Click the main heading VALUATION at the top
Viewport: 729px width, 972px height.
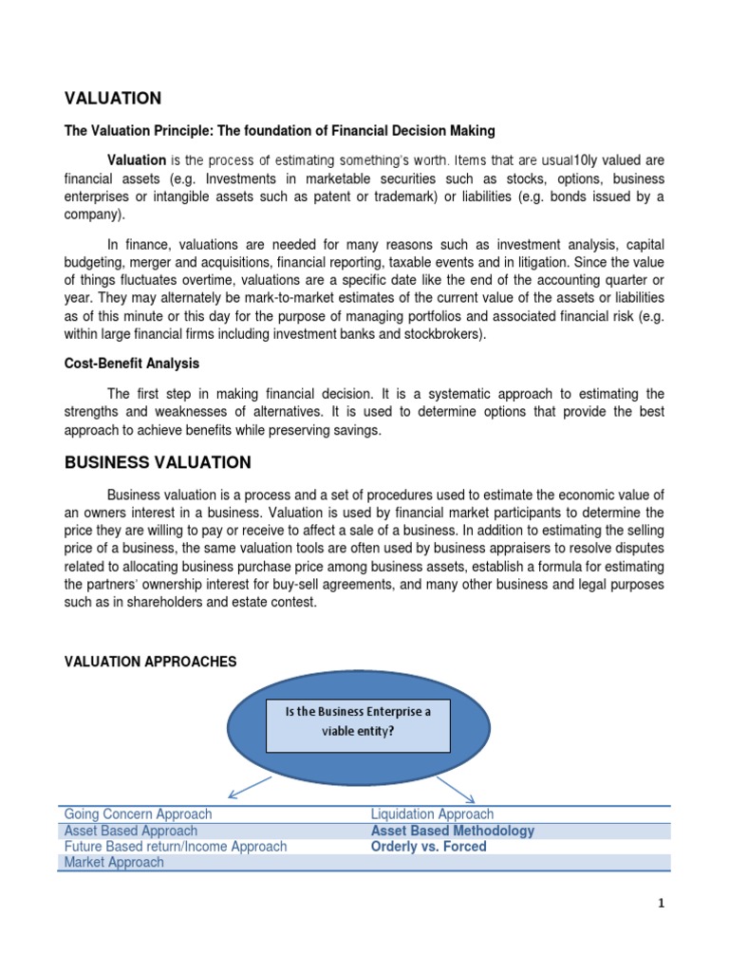(x=112, y=99)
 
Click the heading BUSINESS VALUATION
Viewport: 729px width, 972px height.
(x=158, y=463)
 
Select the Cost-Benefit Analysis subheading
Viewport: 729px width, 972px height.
(x=131, y=364)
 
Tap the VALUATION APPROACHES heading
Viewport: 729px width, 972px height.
(x=150, y=662)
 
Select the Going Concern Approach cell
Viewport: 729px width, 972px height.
(x=138, y=814)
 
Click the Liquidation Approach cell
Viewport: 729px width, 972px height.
(x=432, y=814)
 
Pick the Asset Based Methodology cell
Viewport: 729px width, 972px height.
(x=452, y=831)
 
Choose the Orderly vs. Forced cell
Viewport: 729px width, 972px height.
(x=428, y=847)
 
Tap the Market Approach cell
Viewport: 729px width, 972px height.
(x=113, y=863)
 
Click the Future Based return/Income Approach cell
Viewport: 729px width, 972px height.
(x=175, y=847)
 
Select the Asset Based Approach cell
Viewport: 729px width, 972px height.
(x=132, y=831)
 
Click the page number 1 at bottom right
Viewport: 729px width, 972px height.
(x=662, y=905)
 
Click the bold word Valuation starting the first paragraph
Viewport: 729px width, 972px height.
(x=137, y=159)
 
